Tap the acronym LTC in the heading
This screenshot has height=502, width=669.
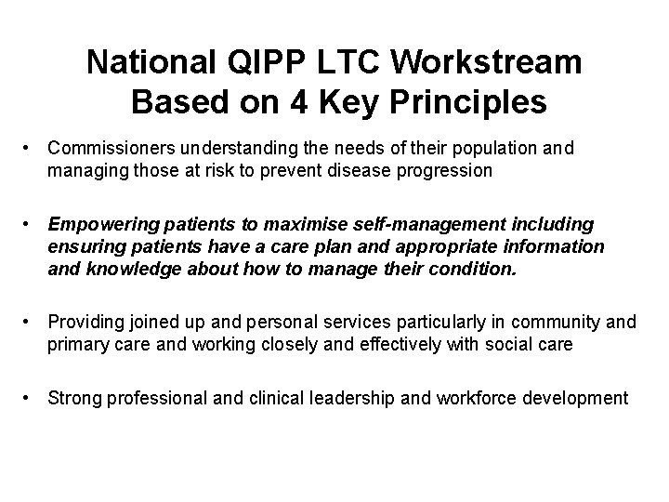coord(348,63)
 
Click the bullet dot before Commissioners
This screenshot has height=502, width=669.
coord(31,148)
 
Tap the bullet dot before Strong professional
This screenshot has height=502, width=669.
coord(31,399)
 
